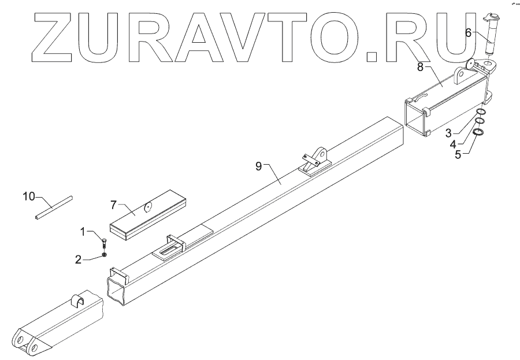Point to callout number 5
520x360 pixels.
pyautogui.click(x=458, y=155)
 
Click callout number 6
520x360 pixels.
pyautogui.click(x=469, y=34)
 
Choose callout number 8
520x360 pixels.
pyautogui.click(x=421, y=67)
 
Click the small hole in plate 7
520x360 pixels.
pyautogui.click(x=148, y=205)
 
